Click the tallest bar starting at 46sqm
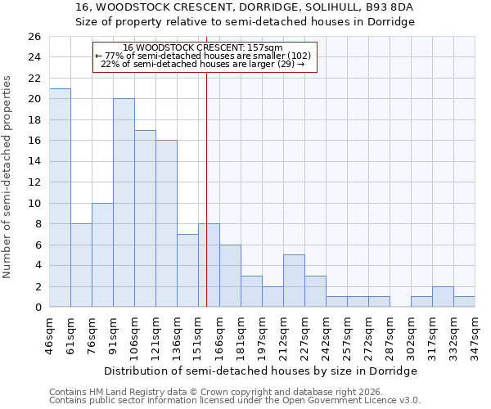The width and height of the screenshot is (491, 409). click(x=60, y=198)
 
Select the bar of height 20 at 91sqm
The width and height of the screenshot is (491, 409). click(x=124, y=203)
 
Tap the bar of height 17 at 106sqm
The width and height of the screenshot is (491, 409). click(x=145, y=218)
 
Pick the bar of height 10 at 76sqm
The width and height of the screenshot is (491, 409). click(x=102, y=254)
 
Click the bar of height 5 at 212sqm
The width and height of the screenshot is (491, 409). click(x=294, y=281)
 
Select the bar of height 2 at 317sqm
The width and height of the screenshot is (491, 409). click(x=443, y=296)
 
